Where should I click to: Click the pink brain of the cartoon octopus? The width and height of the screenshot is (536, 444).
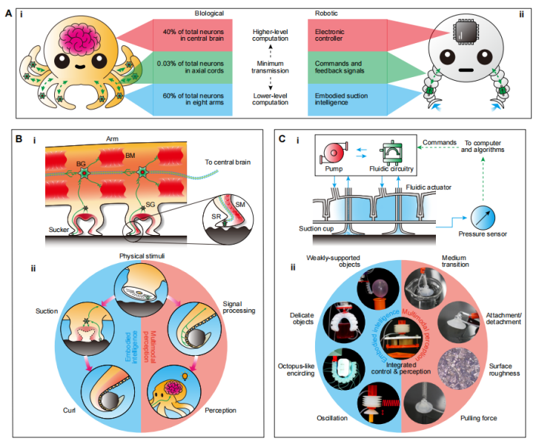pos(81,39)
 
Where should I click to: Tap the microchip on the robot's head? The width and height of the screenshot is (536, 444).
pos(466,32)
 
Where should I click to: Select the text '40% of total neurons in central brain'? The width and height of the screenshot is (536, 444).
pos(193,35)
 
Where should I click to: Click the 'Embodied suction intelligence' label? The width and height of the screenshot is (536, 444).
pos(341,99)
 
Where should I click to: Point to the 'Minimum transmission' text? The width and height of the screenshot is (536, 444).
pos(270,67)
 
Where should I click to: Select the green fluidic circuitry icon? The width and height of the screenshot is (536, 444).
pos(391,153)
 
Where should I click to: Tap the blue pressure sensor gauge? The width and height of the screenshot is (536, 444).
pos(483,218)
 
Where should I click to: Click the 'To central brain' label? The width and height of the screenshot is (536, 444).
pos(228,162)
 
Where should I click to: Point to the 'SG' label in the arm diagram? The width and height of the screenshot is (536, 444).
pos(150,205)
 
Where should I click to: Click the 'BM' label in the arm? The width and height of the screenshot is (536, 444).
pos(130,156)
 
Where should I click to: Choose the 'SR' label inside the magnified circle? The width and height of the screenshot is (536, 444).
pos(216,216)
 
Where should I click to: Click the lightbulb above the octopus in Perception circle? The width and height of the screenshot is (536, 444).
pos(185,377)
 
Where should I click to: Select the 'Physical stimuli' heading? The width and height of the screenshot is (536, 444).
pos(142,256)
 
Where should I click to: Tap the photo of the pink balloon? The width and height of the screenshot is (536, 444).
pos(378,289)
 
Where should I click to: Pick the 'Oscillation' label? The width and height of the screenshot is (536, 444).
pos(332,418)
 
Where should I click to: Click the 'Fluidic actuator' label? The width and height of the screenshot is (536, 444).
pos(429,188)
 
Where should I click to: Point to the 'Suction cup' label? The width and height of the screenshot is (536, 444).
pos(317,228)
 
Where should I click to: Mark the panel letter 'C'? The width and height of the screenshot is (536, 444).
pos(282,139)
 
